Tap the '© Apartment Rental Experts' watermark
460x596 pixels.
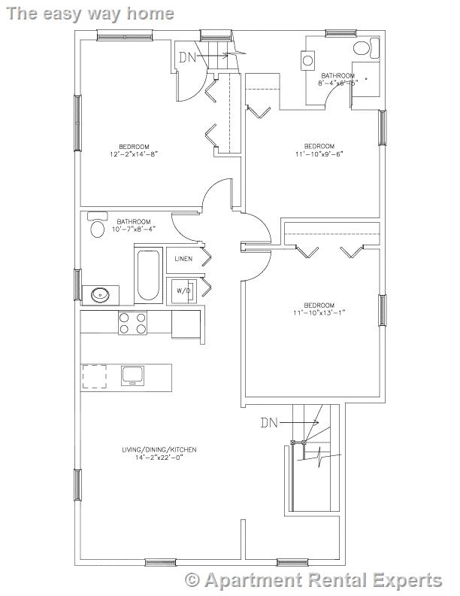(313, 580)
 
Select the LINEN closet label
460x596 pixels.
(183, 259)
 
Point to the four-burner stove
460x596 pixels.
(132, 323)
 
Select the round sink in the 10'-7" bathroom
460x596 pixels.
(101, 294)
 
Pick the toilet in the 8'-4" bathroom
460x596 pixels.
(362, 50)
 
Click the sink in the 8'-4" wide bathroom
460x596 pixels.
(308, 59)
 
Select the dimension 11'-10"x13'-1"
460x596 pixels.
(319, 312)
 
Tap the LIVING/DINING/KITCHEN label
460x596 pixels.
(159, 450)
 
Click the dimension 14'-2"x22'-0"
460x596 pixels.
(159, 458)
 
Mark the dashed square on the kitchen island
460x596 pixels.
(95, 376)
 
